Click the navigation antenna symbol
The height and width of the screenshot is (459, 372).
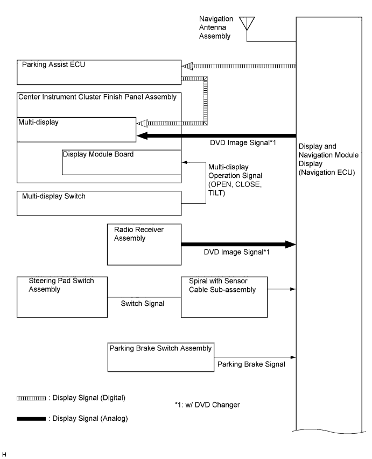click(247, 24)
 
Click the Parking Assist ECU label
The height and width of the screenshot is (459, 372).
click(54, 64)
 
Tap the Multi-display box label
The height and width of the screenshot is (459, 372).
click(38, 122)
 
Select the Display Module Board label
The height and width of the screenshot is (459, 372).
click(98, 154)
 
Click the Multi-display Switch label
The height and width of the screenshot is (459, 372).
click(54, 196)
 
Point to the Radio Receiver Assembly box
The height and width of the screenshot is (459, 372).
click(144, 245)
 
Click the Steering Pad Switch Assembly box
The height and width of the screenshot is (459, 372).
click(62, 297)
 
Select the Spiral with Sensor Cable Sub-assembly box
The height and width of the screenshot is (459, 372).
click(224, 297)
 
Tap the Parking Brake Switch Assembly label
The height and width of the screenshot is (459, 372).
click(160, 348)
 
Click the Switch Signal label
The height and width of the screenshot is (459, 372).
click(143, 304)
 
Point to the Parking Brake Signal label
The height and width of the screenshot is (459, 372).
click(251, 364)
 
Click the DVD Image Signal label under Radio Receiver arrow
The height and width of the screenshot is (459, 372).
click(236, 252)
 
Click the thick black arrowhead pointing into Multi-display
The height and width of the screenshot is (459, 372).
click(142, 135)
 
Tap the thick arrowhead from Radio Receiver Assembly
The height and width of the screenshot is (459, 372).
click(291, 245)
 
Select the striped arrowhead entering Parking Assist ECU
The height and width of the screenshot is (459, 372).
click(187, 66)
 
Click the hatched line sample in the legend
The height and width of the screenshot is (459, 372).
click(31, 398)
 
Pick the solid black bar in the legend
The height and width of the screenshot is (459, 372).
click(31, 419)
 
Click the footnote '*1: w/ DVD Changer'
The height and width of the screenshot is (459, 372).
click(207, 405)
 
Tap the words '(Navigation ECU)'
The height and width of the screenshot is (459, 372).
click(327, 173)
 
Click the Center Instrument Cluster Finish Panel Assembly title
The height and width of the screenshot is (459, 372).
click(97, 97)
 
